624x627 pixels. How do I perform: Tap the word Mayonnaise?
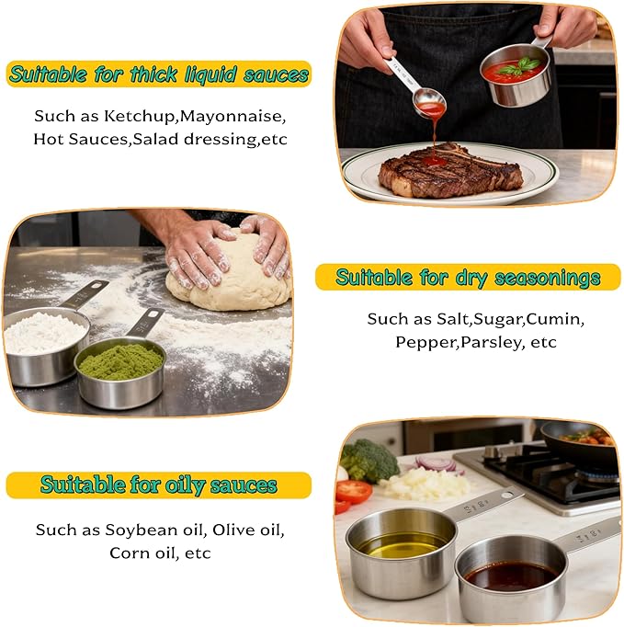(x=233, y=117)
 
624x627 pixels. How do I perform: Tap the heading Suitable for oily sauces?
(x=159, y=484)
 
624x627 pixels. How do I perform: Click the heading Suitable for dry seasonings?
(x=468, y=277)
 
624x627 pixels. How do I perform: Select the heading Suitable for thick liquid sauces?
(x=159, y=74)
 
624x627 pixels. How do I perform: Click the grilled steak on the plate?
(x=449, y=170)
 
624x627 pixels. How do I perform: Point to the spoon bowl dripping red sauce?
(x=430, y=102)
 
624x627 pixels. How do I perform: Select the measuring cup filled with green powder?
(x=120, y=372)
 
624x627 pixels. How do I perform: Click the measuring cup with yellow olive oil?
(x=401, y=552)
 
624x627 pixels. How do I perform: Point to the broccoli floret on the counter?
(x=369, y=460)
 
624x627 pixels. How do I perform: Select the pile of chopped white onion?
(x=425, y=483)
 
